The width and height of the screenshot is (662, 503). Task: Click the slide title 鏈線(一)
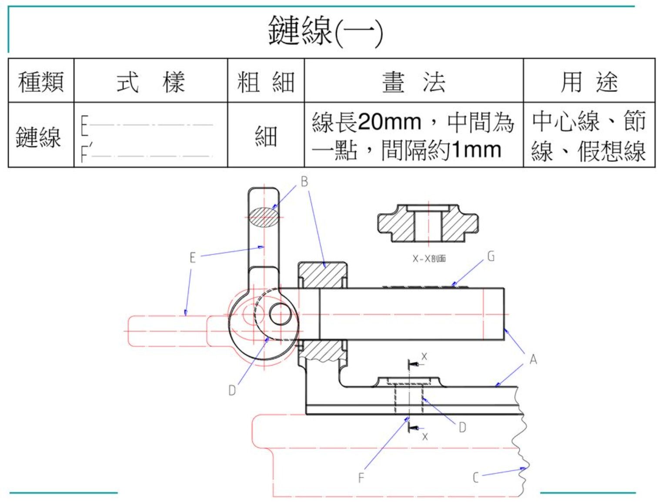click(325, 30)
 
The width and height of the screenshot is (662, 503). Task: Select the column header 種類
click(41, 81)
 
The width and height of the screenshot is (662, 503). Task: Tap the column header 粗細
click(266, 81)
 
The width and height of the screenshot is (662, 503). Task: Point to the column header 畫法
click(414, 81)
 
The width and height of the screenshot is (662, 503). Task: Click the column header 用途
click(589, 81)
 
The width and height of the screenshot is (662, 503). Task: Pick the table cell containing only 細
click(266, 136)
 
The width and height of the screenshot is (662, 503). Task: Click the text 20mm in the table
click(390, 122)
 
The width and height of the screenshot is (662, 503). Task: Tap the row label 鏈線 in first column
click(38, 136)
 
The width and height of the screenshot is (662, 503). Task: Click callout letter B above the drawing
click(304, 181)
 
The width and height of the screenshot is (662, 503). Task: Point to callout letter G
click(491, 256)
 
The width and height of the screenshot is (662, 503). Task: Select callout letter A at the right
click(533, 360)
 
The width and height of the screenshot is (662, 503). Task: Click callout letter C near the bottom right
click(476, 477)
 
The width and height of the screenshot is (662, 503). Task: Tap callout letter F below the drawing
click(361, 478)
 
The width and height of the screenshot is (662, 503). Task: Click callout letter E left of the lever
click(192, 258)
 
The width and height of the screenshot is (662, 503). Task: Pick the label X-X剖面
click(429, 258)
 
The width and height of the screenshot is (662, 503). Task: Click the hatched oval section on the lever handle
click(264, 217)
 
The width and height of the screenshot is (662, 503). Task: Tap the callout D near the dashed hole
click(462, 427)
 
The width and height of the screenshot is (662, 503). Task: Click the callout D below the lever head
click(232, 390)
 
